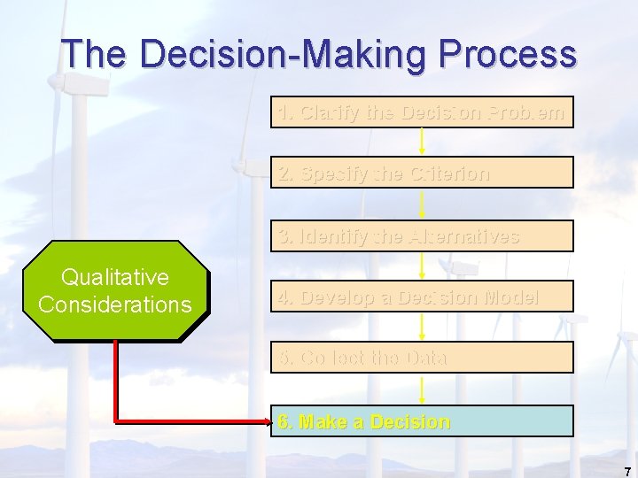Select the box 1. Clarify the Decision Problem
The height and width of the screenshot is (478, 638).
pos(422,112)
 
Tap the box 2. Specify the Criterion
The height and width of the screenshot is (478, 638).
pos(422,173)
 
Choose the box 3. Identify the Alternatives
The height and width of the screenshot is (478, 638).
pos(422,236)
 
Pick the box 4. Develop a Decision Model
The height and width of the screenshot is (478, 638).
pos(422,297)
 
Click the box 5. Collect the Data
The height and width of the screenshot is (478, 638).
pos(422,358)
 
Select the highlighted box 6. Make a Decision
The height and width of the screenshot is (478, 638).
pos(422,421)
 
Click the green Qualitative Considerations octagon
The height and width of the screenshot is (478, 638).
pos(115,291)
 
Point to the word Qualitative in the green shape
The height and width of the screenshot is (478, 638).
pos(115,278)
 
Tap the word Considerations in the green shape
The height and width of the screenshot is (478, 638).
pos(115,305)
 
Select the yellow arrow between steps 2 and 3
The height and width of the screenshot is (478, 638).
pos(422,204)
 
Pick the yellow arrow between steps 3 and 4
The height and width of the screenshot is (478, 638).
pos(422,266)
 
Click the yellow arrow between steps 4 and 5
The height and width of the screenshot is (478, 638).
pos(422,327)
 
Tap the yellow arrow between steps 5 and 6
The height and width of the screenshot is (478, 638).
pos(422,389)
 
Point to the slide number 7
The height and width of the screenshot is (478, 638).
pos(626,470)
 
